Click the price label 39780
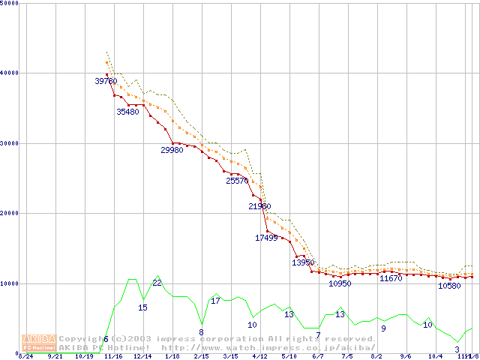click(106, 81)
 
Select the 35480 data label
click(127, 112)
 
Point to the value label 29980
click(172, 150)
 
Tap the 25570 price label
click(237, 181)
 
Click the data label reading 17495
click(266, 238)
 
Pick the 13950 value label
click(303, 262)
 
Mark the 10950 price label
click(340, 283)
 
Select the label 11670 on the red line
click(391, 278)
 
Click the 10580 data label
click(449, 286)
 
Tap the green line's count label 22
click(157, 283)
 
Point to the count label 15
click(142, 307)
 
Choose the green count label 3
click(457, 349)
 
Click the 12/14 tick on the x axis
click(142, 356)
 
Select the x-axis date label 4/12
click(259, 356)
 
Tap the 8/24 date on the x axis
click(25, 356)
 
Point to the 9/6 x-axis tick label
click(406, 356)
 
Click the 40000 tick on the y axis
click(10, 73)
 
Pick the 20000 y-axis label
click(10, 213)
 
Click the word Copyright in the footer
click(83, 339)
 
